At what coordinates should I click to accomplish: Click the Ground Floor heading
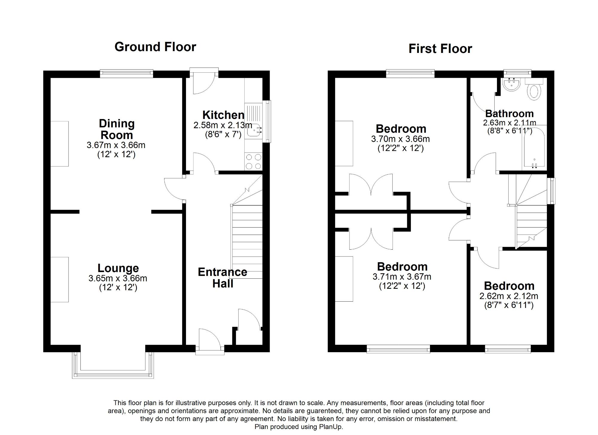pos(155,47)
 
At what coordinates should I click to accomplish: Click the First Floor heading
pos(440,49)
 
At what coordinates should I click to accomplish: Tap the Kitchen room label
pos(223,115)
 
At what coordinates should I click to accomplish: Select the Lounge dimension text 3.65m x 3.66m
pos(118,278)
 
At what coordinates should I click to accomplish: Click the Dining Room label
pos(117,129)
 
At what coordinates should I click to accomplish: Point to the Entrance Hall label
pos(222,278)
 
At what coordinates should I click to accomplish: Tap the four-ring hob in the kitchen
pos(253,161)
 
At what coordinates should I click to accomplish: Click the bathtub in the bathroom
pos(534,148)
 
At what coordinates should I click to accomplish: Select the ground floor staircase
pos(247,239)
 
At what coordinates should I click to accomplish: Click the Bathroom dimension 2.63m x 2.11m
pos(509,123)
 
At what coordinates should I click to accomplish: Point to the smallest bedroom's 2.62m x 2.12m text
pos(509,296)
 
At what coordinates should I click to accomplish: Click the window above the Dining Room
pos(126,73)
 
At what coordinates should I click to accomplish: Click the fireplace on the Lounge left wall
pos(60,280)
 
